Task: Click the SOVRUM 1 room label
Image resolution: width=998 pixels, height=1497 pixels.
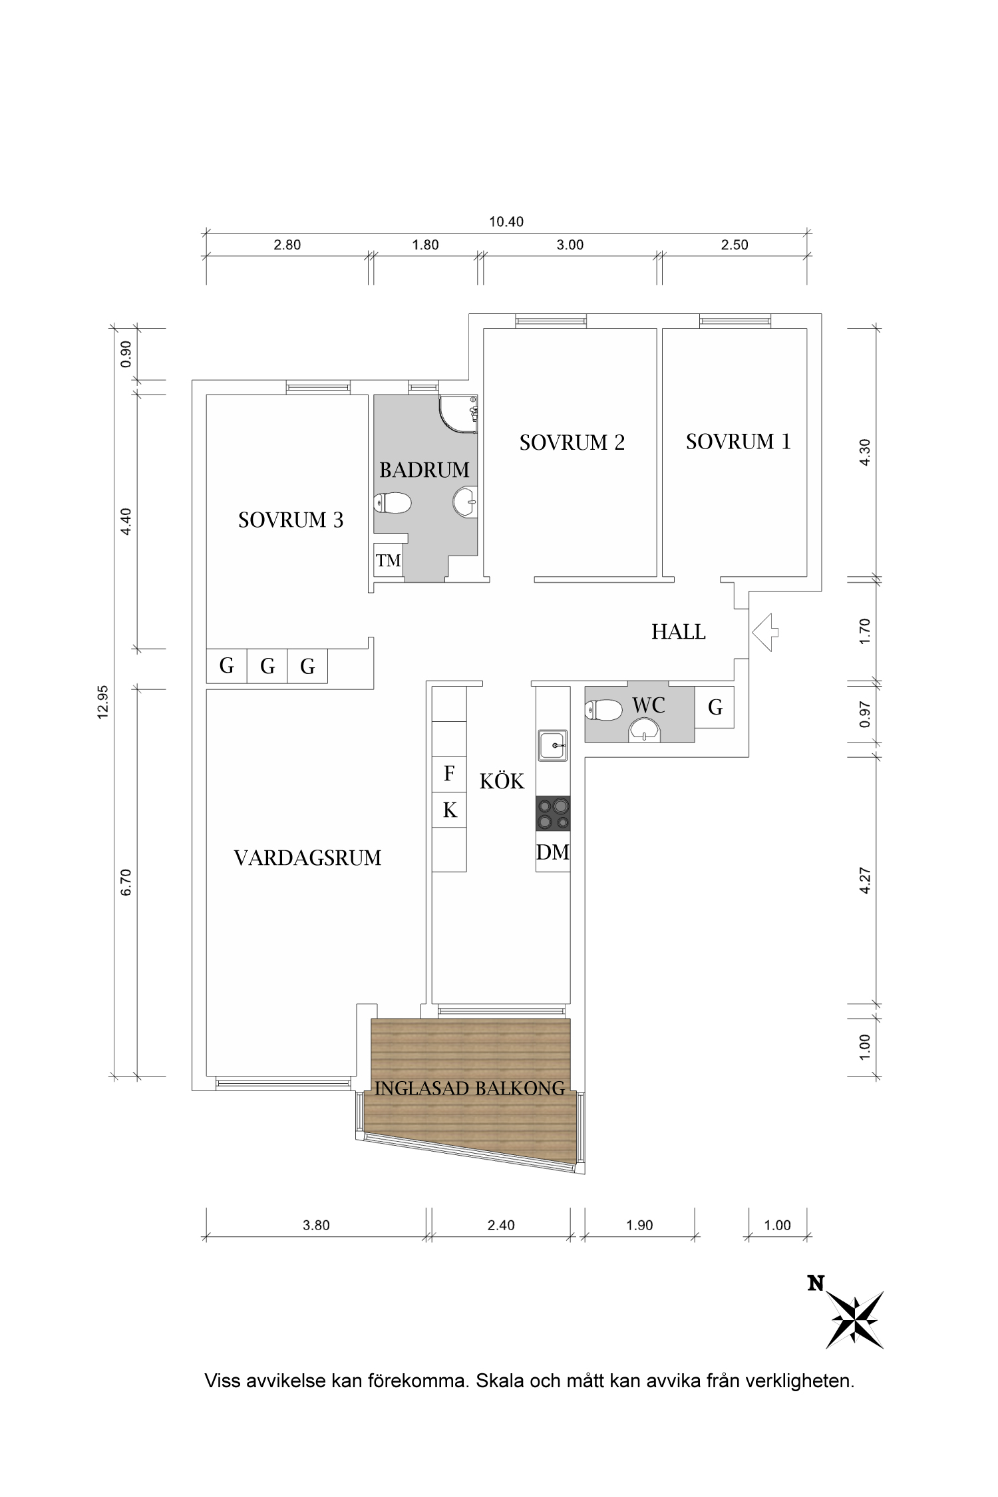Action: tap(738, 442)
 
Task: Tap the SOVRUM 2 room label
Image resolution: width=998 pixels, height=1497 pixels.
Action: tap(572, 443)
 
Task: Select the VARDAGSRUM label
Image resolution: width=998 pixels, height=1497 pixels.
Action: tap(307, 858)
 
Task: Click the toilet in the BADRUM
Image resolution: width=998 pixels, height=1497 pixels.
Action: tap(393, 503)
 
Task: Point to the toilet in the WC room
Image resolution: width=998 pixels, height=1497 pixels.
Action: tap(603, 710)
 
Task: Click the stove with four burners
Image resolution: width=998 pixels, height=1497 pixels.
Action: tap(553, 814)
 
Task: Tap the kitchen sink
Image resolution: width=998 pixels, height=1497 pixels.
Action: tap(553, 745)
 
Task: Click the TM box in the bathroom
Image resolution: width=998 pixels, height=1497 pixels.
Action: tap(389, 561)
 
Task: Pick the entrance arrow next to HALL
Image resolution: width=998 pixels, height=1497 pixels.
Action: tap(765, 632)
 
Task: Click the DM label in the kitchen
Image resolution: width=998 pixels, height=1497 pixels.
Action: tap(553, 852)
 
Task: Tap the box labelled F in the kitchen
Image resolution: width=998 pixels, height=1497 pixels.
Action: tap(449, 774)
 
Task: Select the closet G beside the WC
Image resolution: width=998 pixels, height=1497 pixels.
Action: tap(715, 707)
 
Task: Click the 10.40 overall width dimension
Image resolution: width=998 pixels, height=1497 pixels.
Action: tap(506, 222)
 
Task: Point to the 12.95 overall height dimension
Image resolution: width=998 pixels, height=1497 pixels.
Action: tap(102, 702)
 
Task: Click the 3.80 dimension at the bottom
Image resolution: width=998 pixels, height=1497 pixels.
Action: tap(316, 1226)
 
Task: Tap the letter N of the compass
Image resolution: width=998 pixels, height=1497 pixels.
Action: tap(816, 1283)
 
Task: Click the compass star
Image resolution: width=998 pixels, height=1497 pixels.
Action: tap(856, 1320)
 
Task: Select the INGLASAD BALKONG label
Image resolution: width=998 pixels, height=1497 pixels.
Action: tap(469, 1088)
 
